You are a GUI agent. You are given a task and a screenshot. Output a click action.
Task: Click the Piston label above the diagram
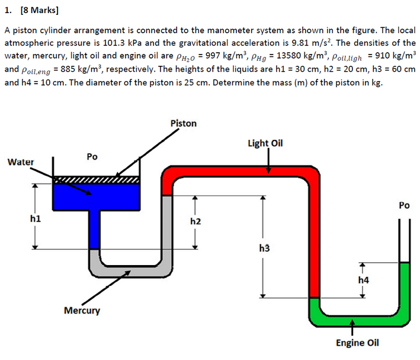point(183,123)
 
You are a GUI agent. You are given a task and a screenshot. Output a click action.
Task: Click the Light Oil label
point(265,144)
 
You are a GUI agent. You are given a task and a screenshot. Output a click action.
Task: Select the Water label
point(21,162)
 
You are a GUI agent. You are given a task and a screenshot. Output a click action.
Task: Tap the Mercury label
point(82,310)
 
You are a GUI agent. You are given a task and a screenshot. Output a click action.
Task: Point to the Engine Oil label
point(357,343)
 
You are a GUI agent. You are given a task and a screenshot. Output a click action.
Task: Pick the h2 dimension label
point(195,221)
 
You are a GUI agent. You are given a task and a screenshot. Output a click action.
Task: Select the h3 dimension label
point(264,247)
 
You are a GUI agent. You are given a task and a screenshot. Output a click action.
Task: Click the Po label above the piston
point(92,157)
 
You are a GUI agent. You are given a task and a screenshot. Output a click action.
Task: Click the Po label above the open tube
point(404,206)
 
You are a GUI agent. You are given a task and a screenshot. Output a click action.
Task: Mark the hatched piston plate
point(96,179)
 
